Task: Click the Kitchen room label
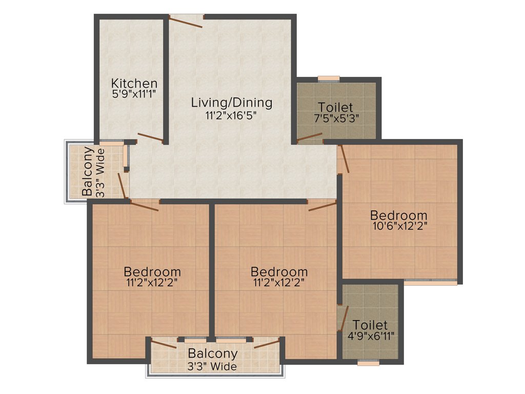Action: [x=134, y=83]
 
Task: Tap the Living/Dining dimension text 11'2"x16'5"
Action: [x=231, y=115]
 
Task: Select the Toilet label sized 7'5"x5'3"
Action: [x=335, y=107]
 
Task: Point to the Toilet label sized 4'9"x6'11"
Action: [x=370, y=325]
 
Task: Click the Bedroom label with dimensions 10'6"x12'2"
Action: [x=399, y=215]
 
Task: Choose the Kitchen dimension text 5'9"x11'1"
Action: [x=134, y=94]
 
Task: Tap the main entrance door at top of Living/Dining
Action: [x=187, y=20]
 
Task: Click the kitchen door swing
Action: [x=150, y=137]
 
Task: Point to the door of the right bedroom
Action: [x=344, y=158]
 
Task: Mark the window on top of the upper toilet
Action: [x=329, y=78]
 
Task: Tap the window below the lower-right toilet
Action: [x=368, y=363]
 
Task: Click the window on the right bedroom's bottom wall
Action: [x=430, y=282]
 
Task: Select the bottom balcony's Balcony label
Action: [x=212, y=353]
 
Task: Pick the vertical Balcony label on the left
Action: [x=88, y=171]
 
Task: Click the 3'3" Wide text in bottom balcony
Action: [x=212, y=366]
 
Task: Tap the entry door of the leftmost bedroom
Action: [x=145, y=206]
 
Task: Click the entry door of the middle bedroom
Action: [x=322, y=206]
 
